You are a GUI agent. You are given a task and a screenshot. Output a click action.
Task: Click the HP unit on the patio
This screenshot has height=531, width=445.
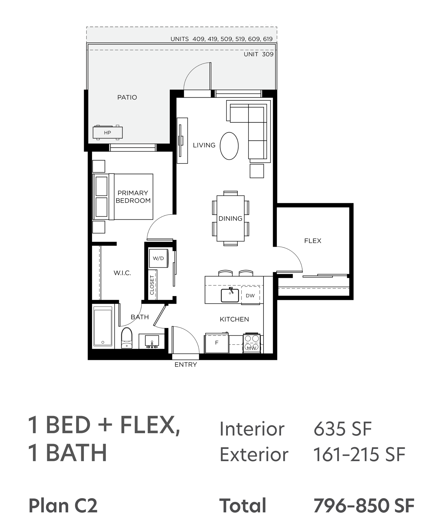[x=107, y=132]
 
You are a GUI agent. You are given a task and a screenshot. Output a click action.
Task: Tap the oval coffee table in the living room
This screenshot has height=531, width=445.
[x=229, y=146]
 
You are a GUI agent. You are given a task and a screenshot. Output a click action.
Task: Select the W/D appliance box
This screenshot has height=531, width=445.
[x=158, y=258]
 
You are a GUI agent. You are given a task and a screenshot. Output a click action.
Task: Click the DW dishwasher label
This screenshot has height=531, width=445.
[x=250, y=295]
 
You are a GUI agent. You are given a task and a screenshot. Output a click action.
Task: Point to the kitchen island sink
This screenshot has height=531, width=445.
[x=230, y=295]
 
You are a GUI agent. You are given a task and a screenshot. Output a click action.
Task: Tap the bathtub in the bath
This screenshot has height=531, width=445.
[x=103, y=326]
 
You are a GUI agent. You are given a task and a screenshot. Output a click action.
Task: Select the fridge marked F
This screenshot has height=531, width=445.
[x=217, y=343]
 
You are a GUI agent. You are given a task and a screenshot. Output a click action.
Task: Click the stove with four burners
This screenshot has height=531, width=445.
[x=252, y=343]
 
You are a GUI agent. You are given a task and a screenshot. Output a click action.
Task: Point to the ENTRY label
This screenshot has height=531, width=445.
[x=186, y=364]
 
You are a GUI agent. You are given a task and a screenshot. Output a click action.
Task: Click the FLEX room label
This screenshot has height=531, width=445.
[x=313, y=241]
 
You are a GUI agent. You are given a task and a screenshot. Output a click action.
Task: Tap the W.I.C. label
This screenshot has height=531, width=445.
[x=122, y=273]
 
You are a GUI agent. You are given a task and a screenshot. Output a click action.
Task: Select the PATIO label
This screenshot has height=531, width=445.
[x=127, y=97]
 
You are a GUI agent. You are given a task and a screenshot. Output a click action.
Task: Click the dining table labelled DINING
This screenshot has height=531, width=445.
[x=230, y=218]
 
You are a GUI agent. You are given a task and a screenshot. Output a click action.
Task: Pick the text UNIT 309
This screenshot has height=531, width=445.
[x=259, y=54]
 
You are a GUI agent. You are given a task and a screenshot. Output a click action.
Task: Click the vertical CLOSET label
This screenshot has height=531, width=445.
[x=152, y=285]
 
